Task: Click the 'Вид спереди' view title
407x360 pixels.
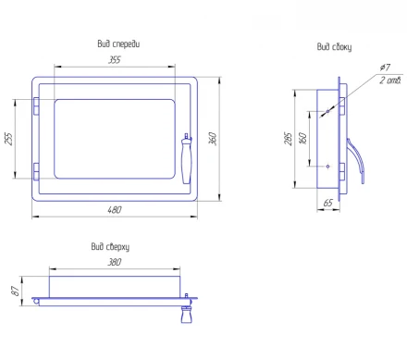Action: tap(118, 44)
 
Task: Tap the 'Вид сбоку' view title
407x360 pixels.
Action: tap(334, 47)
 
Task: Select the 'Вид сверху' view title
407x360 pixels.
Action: tap(110, 247)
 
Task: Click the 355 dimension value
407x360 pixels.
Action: tap(115, 59)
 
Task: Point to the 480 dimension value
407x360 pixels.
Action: tap(115, 210)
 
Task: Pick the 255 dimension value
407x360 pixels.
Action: tap(8, 139)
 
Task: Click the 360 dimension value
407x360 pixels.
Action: tap(213, 139)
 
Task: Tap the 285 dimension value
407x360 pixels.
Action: tap(288, 139)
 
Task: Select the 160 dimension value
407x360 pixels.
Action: tap(303, 138)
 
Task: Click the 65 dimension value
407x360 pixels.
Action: tap(328, 203)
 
